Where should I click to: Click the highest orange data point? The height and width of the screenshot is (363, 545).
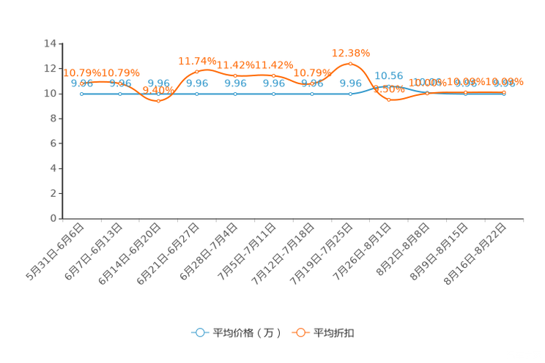[350, 64]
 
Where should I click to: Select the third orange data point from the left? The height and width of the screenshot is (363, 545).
[158, 100]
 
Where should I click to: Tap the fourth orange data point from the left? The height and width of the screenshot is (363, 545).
[196, 71]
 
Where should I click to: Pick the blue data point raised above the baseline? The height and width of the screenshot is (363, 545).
[389, 86]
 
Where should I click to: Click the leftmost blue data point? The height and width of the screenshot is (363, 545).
[81, 94]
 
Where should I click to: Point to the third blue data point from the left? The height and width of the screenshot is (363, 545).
[158, 94]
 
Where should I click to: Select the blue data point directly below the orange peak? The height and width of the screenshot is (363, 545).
[350, 94]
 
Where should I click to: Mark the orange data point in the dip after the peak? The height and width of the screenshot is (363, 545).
[389, 100]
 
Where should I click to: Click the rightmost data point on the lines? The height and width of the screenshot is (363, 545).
[504, 94]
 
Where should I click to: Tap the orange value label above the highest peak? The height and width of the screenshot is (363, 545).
[351, 53]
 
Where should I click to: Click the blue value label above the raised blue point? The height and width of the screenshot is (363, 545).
[389, 75]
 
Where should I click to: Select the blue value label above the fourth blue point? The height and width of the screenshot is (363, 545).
[196, 83]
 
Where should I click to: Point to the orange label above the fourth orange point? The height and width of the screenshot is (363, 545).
[196, 60]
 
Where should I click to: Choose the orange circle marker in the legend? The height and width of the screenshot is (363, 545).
[300, 332]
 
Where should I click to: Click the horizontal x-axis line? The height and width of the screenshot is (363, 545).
[293, 218]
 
